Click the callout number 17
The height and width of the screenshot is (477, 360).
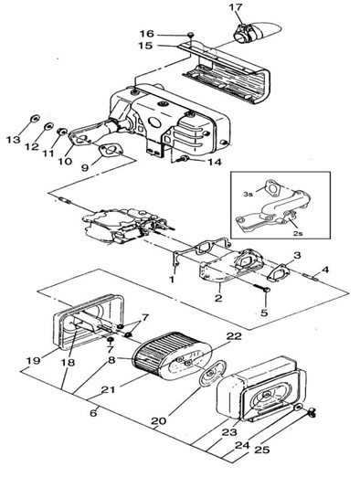pos(237,7)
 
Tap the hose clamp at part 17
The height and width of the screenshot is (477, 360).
pos(246,33)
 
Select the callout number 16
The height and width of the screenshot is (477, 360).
pos(147,34)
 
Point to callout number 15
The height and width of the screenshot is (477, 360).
pos(145,46)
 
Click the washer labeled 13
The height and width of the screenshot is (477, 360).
pos(36,118)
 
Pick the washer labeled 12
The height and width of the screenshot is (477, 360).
pos(48,126)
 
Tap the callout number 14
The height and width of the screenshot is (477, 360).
pos(213,162)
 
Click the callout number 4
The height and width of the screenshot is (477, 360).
pos(325,270)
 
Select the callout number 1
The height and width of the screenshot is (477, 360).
pos(173,279)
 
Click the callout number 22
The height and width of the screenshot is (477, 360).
pos(234,336)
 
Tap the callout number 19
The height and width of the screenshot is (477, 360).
pos(33,360)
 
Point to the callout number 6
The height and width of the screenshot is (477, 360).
pos(93,413)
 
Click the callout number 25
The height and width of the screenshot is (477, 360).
pos(261,450)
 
